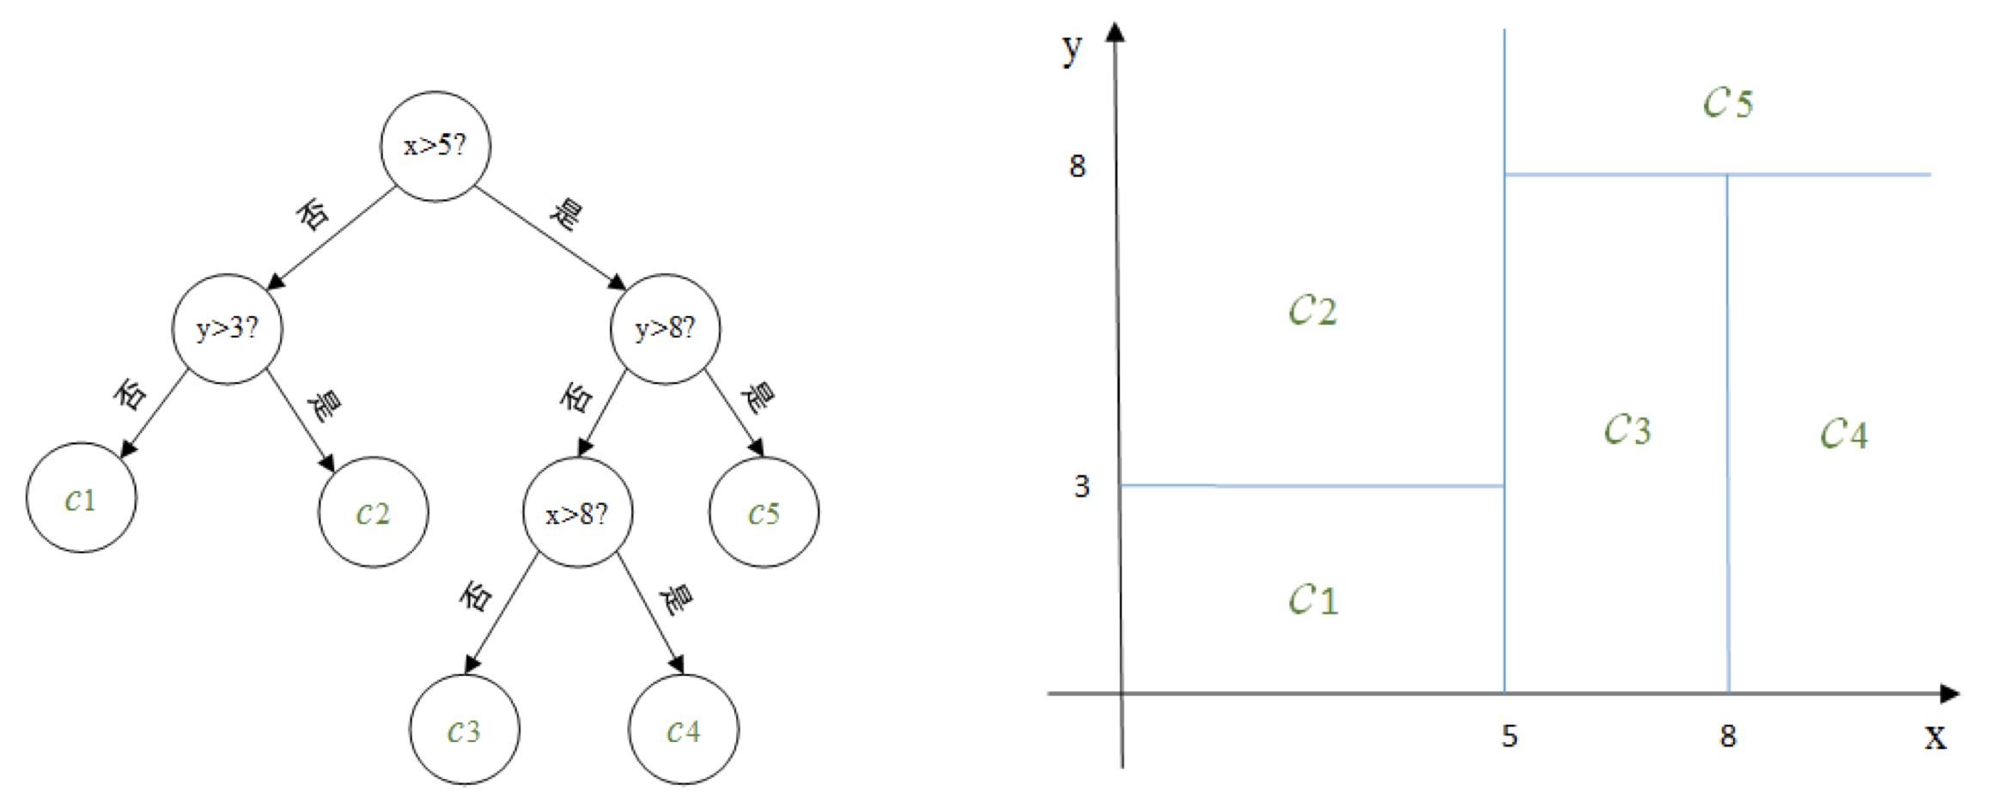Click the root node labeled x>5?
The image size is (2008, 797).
435,146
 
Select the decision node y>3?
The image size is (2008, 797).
227,329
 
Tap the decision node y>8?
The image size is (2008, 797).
665,329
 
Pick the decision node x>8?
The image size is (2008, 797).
577,513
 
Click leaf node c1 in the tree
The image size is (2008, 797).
81,498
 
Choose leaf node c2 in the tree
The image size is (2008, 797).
373,513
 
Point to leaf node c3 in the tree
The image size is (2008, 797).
464,730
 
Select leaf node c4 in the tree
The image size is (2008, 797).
684,730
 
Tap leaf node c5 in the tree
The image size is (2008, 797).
764,513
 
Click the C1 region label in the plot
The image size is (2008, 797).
1313,599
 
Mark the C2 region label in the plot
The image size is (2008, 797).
1312,310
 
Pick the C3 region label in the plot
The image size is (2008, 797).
1627,429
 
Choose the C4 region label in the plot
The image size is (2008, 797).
1843,433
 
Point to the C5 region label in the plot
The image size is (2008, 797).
1727,103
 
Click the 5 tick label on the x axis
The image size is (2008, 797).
1509,736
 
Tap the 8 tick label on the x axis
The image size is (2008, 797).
1728,736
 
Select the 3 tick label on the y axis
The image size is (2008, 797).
1081,487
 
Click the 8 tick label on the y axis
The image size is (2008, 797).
1077,166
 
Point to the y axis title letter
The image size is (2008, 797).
1071,49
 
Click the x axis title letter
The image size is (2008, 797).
1934,737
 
